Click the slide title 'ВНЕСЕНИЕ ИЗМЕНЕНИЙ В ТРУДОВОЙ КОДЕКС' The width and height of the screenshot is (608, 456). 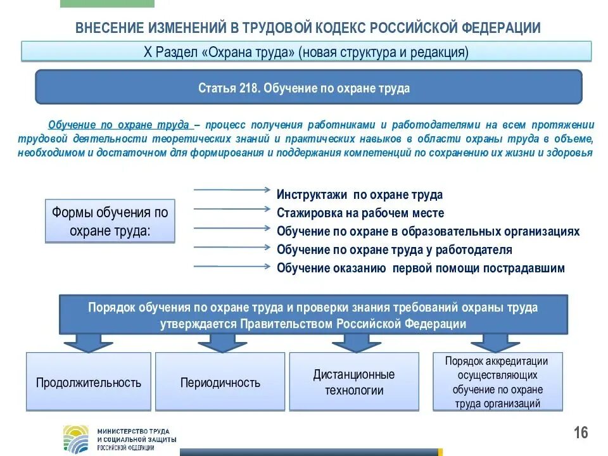point(308,28)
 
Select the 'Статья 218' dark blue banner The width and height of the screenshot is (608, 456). point(308,88)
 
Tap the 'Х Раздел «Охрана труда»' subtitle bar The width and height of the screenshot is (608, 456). point(307,51)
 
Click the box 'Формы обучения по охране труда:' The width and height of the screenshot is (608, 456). point(110,222)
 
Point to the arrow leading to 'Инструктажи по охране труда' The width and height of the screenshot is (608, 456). point(232,189)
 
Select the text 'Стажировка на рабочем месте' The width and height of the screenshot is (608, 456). point(360,213)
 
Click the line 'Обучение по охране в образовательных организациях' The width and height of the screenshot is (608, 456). point(427,231)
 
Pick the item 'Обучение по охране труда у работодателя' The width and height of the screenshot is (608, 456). point(394,250)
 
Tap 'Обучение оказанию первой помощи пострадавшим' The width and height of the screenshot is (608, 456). point(420,268)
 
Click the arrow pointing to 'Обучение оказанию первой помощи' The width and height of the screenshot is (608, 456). point(232,267)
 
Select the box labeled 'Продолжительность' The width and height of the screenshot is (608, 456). point(89,383)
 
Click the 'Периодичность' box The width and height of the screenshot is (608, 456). point(220,383)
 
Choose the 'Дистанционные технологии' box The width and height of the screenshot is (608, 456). point(354,383)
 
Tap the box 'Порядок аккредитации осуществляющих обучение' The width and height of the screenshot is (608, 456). point(498,382)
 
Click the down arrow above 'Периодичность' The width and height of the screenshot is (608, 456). point(222,343)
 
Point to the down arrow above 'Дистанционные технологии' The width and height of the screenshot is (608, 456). point(355,343)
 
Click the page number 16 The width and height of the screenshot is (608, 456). point(581,433)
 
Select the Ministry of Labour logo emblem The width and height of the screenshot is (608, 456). point(76,438)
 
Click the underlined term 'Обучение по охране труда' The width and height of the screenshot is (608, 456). point(118,124)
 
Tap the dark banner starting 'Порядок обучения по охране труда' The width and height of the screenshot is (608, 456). point(313,315)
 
